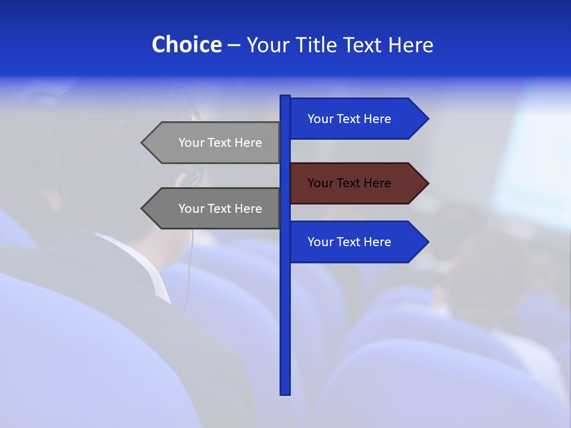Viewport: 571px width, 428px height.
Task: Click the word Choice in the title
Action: click(x=186, y=45)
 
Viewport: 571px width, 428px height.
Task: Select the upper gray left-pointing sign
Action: click(x=214, y=143)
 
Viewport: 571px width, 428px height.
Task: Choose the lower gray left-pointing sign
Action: click(x=214, y=209)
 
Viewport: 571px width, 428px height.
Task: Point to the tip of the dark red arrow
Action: click(x=427, y=183)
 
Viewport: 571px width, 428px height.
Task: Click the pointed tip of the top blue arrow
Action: click(x=427, y=119)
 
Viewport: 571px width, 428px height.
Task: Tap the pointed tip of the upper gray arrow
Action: click(x=143, y=143)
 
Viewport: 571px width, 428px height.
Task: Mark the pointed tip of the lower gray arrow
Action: click(x=143, y=209)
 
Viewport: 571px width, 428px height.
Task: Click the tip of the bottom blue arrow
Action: click(x=427, y=242)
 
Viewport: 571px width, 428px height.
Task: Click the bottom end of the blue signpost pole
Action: click(x=285, y=392)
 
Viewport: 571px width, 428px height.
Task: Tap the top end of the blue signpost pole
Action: click(x=285, y=97)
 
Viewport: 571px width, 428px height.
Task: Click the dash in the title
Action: click(x=234, y=45)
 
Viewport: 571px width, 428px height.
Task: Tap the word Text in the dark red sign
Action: click(x=349, y=183)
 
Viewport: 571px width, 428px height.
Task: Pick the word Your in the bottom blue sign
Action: click(x=319, y=242)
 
